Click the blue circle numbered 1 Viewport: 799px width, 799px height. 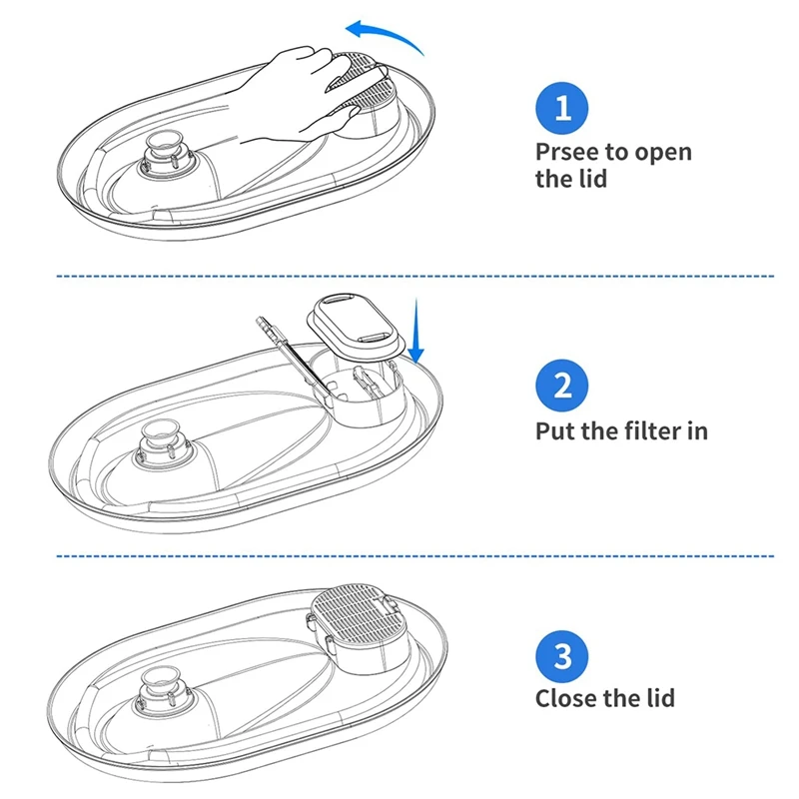tap(563, 108)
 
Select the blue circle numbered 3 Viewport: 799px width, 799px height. tap(563, 656)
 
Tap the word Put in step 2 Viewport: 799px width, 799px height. tap(555, 430)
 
